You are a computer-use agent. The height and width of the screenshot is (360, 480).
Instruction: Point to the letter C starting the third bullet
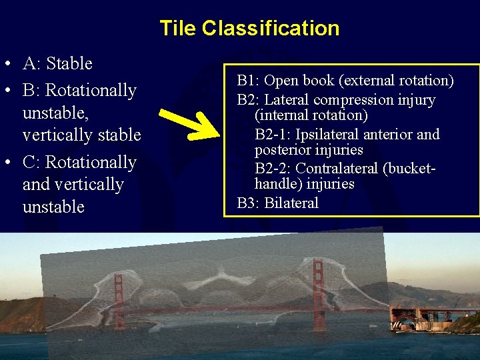click(29, 163)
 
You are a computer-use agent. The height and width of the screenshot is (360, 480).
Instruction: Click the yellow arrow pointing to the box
click(193, 120)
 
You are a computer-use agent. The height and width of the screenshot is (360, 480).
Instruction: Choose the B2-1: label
click(273, 134)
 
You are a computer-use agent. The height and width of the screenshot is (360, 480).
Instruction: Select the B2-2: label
click(273, 168)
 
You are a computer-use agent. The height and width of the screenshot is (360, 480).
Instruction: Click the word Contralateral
click(339, 168)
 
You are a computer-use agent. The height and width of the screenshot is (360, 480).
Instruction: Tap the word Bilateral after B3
click(291, 203)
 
